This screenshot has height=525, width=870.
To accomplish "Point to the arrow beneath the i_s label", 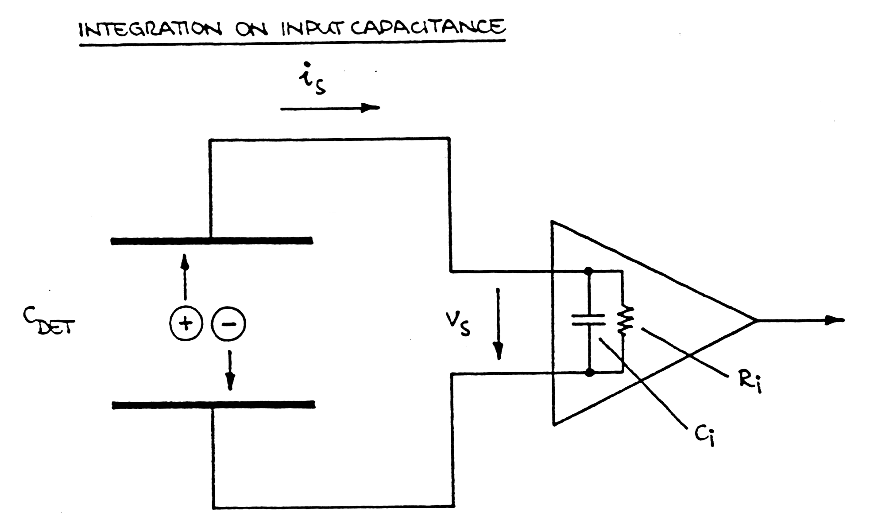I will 330,108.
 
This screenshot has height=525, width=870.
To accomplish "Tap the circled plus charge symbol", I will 186,323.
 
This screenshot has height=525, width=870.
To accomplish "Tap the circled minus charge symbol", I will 228,324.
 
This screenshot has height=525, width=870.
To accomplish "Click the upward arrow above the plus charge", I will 185,277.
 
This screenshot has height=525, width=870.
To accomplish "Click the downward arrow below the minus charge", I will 229,370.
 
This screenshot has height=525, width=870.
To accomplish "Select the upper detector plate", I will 212,241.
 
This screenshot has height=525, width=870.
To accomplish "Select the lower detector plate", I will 213,405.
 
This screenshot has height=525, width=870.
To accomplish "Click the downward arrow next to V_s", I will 499,323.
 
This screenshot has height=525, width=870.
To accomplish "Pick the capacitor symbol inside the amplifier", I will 588,320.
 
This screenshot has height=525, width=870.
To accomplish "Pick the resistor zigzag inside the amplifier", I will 624,320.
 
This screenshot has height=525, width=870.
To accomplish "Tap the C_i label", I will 705,436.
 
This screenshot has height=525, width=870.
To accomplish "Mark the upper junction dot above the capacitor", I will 588,270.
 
